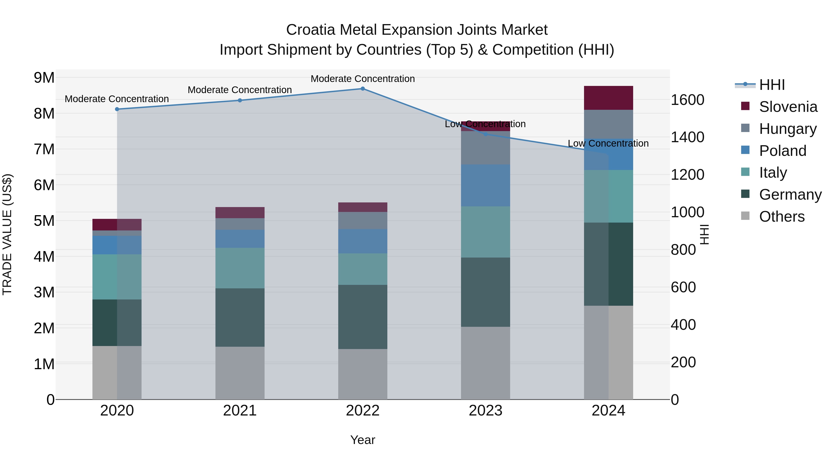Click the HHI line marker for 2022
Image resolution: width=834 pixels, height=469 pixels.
click(x=363, y=89)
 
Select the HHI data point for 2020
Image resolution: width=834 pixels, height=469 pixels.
click(x=117, y=109)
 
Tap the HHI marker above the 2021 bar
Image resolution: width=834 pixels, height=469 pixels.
click(x=240, y=100)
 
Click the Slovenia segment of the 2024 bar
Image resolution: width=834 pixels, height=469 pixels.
click(x=608, y=98)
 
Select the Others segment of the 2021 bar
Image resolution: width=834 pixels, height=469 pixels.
click(x=240, y=373)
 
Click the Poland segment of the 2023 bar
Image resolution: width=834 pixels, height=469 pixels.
click(x=485, y=186)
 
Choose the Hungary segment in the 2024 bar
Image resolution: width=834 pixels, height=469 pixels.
click(x=608, y=124)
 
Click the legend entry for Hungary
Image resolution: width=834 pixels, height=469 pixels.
click(x=787, y=129)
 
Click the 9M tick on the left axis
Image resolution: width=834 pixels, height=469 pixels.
click(x=44, y=78)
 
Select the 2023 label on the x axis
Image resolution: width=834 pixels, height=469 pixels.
click(x=485, y=411)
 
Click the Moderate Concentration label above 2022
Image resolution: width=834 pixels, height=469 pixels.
click(x=363, y=79)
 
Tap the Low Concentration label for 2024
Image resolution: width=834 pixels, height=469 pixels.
click(x=608, y=143)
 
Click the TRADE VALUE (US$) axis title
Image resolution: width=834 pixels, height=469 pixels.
click(x=7, y=234)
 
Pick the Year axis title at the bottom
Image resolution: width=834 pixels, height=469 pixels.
click(x=363, y=440)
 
